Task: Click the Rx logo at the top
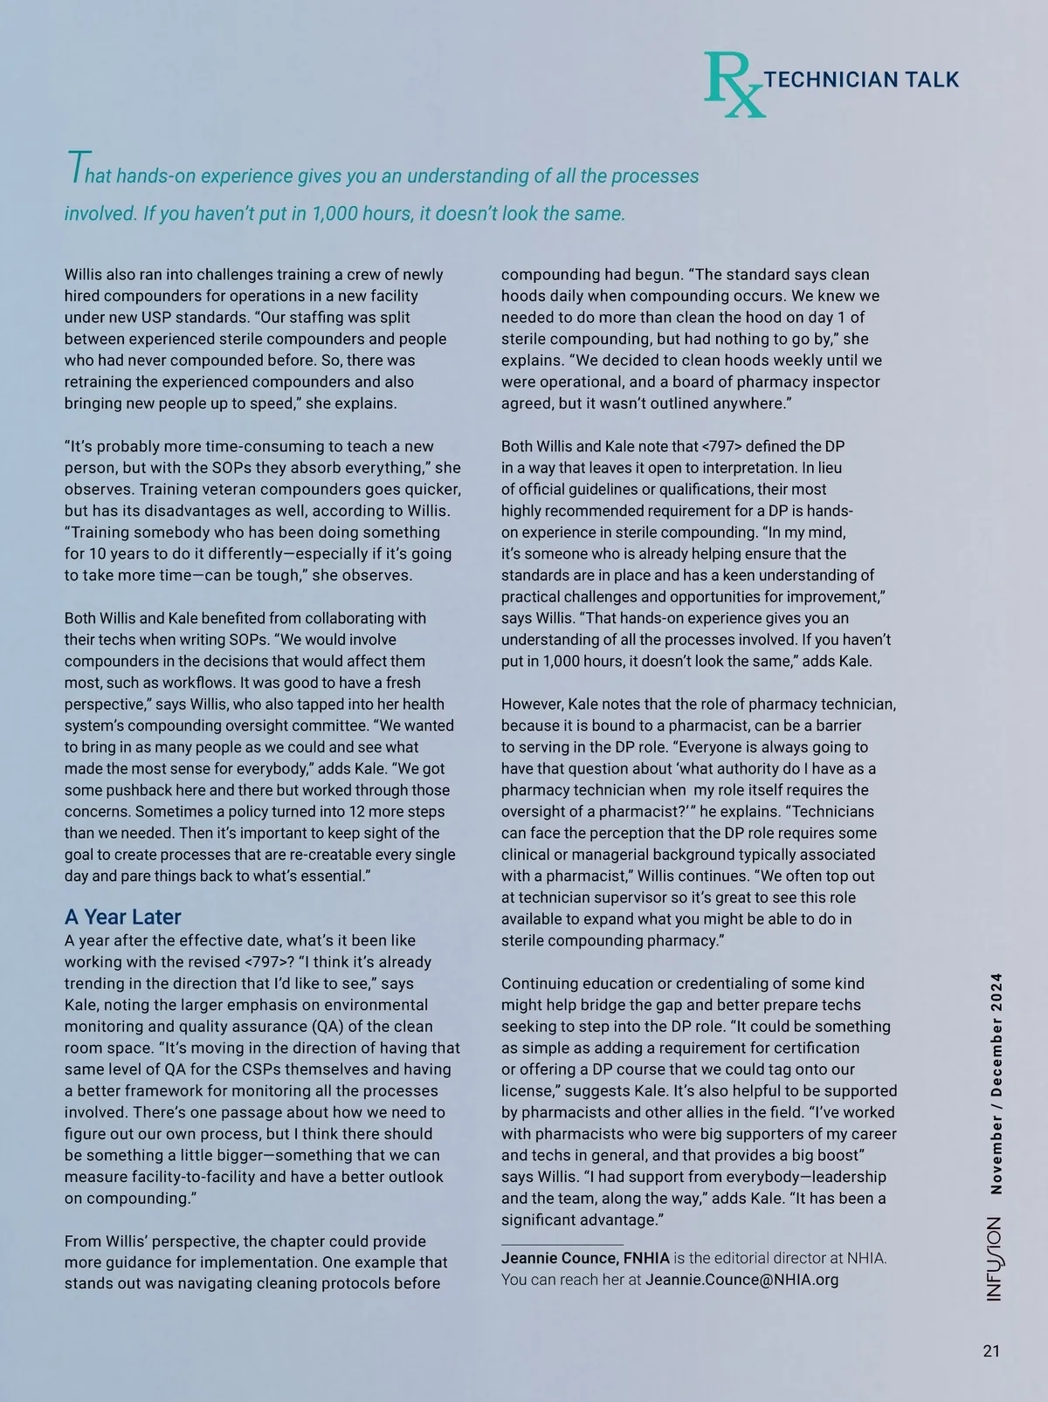pos(734,85)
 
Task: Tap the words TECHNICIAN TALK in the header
pos(861,79)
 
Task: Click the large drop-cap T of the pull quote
pos(76,168)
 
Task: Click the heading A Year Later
pos(123,917)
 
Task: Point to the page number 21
pos(990,1351)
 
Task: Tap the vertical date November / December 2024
pos(996,1082)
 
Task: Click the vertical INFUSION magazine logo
pos(995,1259)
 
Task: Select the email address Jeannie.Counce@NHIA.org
pos(741,1280)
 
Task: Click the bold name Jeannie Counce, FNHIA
pos(585,1258)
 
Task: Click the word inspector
pos(842,382)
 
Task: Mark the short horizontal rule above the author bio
pos(562,1244)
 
